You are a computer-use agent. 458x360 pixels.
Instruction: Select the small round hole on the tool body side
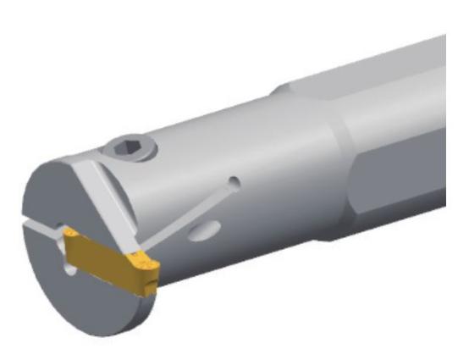(235, 182)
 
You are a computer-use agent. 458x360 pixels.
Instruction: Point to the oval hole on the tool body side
(207, 230)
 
